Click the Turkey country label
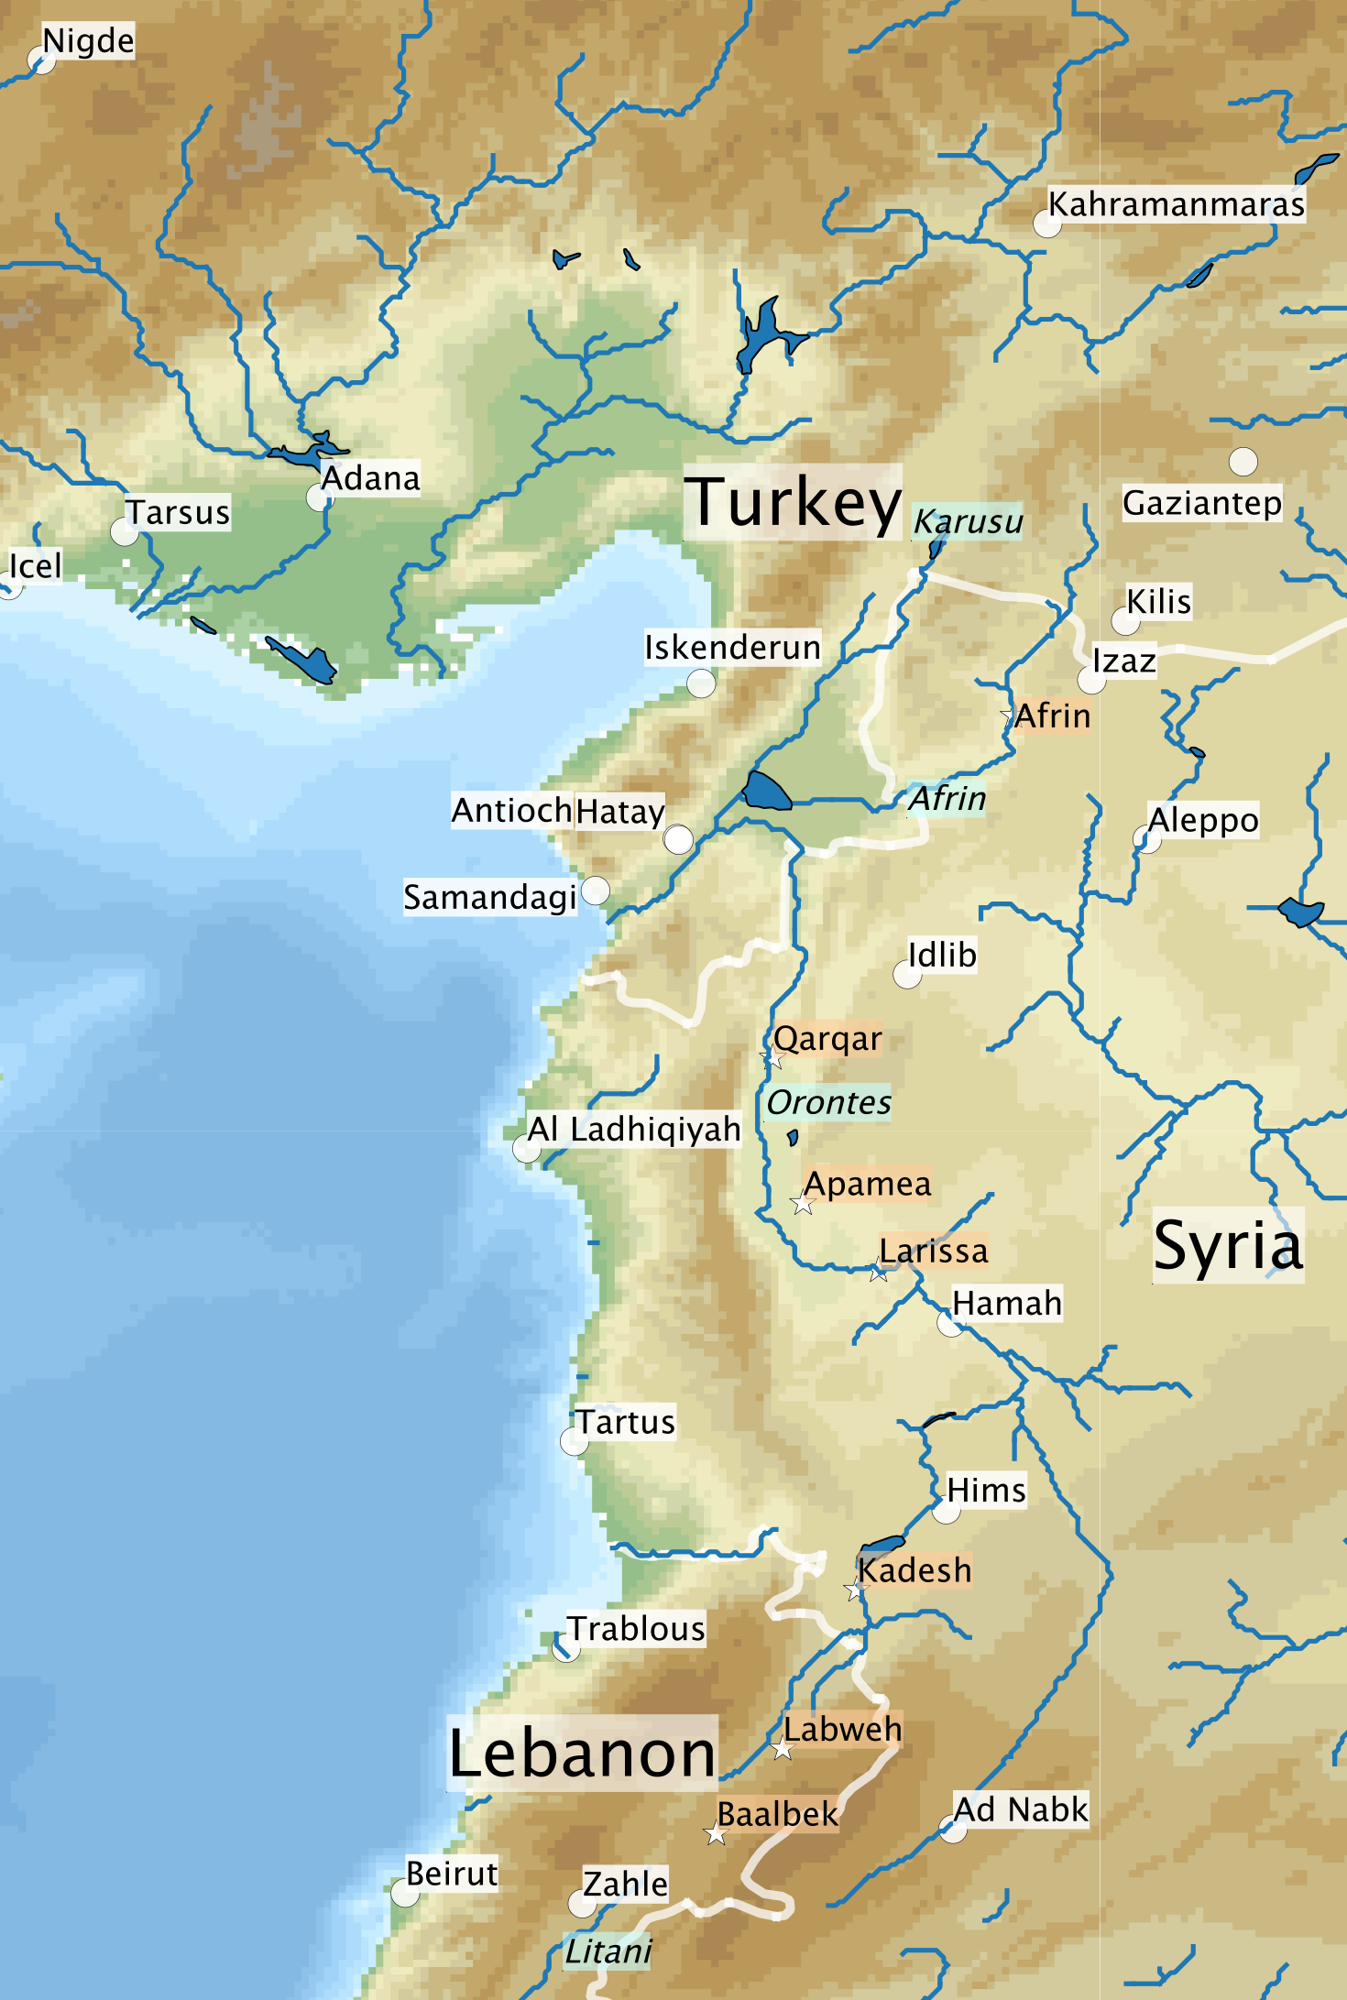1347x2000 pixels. (x=793, y=502)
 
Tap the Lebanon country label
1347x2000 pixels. (x=582, y=1753)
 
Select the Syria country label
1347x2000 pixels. (x=1228, y=1245)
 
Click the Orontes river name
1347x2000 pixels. (x=828, y=1102)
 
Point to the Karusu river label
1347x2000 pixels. (x=968, y=521)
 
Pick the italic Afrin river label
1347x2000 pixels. (x=947, y=799)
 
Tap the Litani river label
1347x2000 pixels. (x=608, y=1951)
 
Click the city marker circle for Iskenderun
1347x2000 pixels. (x=701, y=683)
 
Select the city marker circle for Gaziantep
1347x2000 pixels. (x=1243, y=461)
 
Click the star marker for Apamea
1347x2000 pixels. (x=804, y=1203)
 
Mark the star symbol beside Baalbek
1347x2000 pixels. (x=716, y=1834)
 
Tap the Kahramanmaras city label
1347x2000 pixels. (x=1176, y=204)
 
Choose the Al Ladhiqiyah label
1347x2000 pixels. (x=633, y=1129)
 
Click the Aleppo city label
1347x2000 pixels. (x=1202, y=820)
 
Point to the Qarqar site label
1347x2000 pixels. (x=827, y=1039)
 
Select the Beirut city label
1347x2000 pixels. (x=452, y=1874)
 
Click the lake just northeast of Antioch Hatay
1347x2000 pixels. (x=766, y=792)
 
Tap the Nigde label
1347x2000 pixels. (x=88, y=41)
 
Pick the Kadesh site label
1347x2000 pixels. (x=914, y=1570)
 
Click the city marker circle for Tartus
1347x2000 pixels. (x=574, y=1441)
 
